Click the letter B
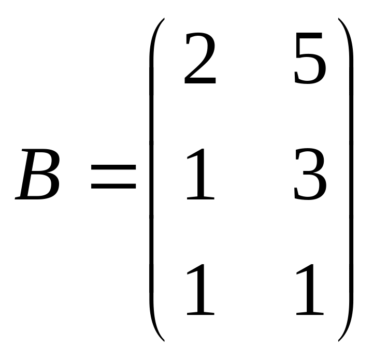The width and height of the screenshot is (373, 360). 39,175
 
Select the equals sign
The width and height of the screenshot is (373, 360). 113,176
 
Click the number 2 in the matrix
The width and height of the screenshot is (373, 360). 199,60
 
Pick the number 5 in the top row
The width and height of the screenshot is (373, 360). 310,60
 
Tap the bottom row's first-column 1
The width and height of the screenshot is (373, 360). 200,291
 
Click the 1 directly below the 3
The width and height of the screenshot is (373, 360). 310,291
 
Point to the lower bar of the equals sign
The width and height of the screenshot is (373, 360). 113,185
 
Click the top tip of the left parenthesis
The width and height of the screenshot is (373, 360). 163,20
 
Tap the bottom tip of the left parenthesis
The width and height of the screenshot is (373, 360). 163,340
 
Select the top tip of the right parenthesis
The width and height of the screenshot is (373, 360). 339,20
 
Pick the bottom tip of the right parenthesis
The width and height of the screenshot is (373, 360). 339,340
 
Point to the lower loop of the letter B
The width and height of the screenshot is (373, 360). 41,187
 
